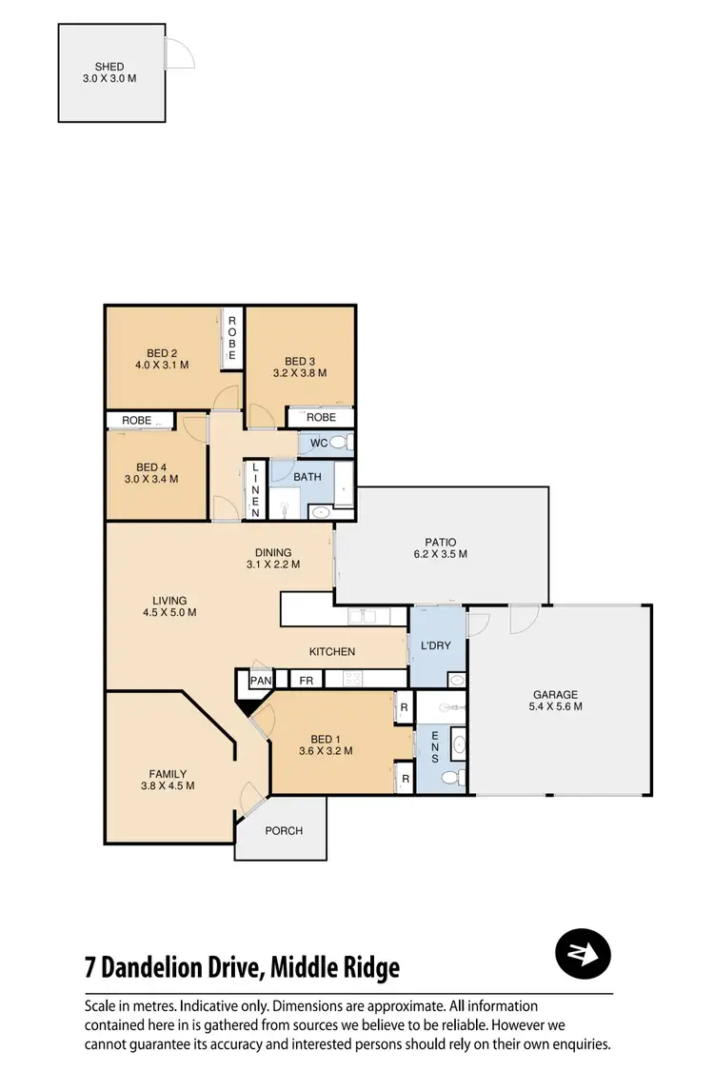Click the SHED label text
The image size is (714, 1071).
tap(109, 67)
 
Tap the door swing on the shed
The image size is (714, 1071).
tap(179, 53)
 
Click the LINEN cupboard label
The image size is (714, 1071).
tap(255, 489)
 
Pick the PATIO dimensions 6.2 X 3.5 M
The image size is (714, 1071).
tap(439, 554)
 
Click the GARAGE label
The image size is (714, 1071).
tap(555, 695)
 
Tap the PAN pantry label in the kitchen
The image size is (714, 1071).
tap(261, 681)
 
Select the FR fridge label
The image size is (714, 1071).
tap(307, 681)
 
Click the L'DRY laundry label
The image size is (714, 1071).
tap(435, 645)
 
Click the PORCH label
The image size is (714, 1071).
tap(284, 831)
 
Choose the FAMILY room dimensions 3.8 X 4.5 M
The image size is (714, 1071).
tap(167, 786)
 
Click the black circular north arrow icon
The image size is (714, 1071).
tap(583, 952)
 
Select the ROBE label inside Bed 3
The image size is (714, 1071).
tap(321, 417)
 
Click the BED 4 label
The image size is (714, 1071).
tap(152, 467)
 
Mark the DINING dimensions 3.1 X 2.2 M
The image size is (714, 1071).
tap(272, 565)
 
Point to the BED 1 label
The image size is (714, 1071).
tap(327, 740)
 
